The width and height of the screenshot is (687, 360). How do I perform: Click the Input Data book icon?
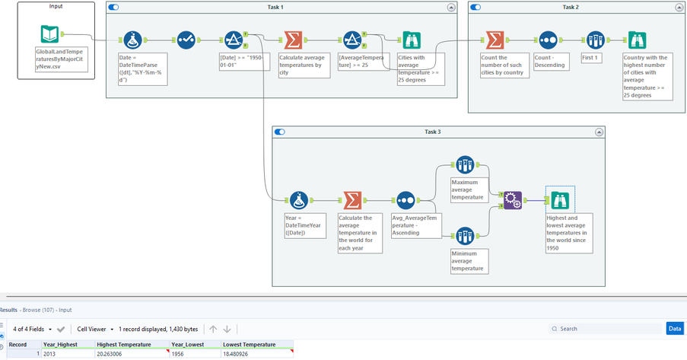[x=49, y=34]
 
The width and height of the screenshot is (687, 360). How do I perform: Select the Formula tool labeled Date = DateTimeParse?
[x=132, y=40]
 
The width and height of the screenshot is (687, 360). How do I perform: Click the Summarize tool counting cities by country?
[x=495, y=40]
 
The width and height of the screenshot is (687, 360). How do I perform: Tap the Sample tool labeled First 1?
[x=595, y=40]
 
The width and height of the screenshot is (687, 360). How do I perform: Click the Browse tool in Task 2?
[x=637, y=40]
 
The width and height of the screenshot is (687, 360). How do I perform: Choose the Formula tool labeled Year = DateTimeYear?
[x=299, y=200]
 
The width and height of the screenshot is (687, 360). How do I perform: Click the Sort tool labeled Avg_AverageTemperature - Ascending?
[x=406, y=200]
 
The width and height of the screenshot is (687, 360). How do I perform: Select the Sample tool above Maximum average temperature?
[x=465, y=165]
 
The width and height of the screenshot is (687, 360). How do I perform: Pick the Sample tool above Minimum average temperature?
[x=465, y=237]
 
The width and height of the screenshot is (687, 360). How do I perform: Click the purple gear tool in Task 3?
[x=513, y=200]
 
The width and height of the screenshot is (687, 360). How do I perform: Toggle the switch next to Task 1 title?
[x=113, y=7]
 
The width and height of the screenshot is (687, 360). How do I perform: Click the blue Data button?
[x=674, y=328]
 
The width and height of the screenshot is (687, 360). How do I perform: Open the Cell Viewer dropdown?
[x=96, y=329]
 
